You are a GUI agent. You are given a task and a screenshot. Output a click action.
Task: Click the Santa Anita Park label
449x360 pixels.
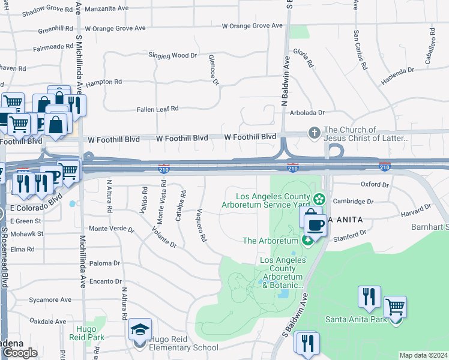[356, 319]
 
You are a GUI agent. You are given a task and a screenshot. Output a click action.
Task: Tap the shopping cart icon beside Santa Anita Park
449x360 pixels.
[395, 307]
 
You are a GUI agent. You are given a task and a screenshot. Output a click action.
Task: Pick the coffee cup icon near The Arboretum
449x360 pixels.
[316, 225]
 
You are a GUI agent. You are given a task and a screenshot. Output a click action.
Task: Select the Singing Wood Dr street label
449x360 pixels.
[172, 55]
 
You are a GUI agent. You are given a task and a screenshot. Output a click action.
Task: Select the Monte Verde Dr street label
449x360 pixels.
[111, 229]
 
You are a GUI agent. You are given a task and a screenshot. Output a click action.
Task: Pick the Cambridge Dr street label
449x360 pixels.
[353, 202]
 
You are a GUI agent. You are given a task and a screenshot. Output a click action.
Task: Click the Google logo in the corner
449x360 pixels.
[20, 353]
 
